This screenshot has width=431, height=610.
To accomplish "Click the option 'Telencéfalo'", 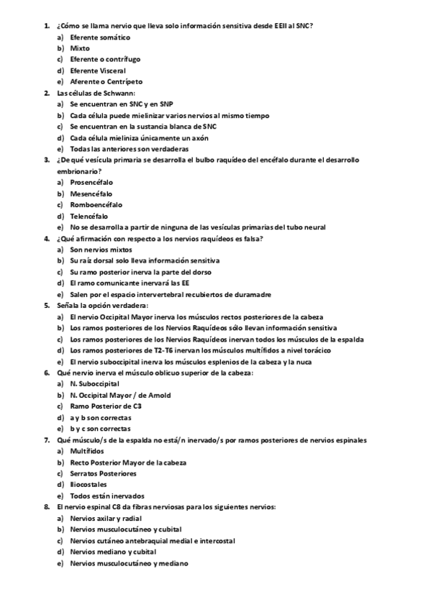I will pyautogui.click(x=89, y=216).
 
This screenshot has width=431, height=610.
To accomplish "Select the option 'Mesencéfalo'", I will pyautogui.click(x=91, y=194).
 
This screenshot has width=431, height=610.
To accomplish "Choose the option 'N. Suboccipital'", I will pyautogui.click(x=94, y=383).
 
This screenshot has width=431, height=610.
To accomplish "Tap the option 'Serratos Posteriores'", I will pyautogui.click(x=103, y=473).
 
